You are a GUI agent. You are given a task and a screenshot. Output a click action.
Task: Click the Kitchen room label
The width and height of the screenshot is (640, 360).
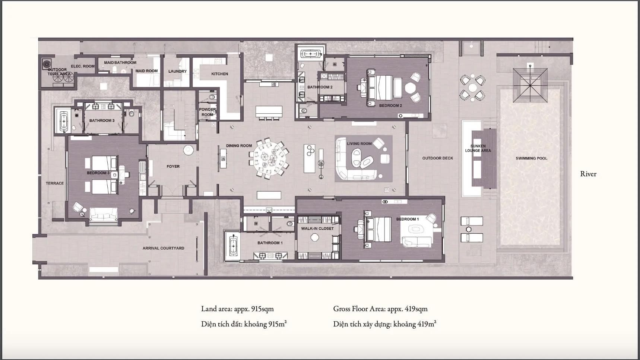pos(220,74)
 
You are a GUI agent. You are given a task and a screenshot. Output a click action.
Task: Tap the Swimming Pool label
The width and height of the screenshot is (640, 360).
pos(532,158)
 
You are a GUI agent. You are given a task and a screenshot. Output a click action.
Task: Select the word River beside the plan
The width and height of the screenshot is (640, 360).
pos(588,174)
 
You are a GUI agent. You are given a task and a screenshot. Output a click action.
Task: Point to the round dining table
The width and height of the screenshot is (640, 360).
pos(269,158)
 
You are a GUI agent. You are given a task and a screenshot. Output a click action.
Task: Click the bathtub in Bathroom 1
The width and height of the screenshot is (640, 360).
pos(233,245)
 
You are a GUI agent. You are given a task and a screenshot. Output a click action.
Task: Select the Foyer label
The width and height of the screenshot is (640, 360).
pos(173,167)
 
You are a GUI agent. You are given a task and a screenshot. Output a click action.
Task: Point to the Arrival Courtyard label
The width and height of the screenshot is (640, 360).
pos(164,248)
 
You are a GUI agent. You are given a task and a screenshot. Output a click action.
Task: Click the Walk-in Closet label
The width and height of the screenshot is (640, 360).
pos(317,228)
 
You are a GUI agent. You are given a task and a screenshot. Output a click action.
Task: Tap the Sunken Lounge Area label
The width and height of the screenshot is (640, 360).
pos(478,148)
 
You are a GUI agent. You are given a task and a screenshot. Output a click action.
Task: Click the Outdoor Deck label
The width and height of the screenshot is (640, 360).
pos(438,158)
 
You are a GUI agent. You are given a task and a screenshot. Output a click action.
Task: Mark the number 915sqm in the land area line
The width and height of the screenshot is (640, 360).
pos(263,309)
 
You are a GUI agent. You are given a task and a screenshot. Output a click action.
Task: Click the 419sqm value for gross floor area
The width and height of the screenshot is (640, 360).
pos(416,309)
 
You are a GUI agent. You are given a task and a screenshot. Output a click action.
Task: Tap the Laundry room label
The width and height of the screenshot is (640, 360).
pos(177,71)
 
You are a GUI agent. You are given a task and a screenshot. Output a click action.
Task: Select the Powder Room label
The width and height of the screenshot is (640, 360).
pos(207,112)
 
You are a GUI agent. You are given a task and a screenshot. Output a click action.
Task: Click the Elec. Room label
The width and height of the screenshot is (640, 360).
pos(83,66)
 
